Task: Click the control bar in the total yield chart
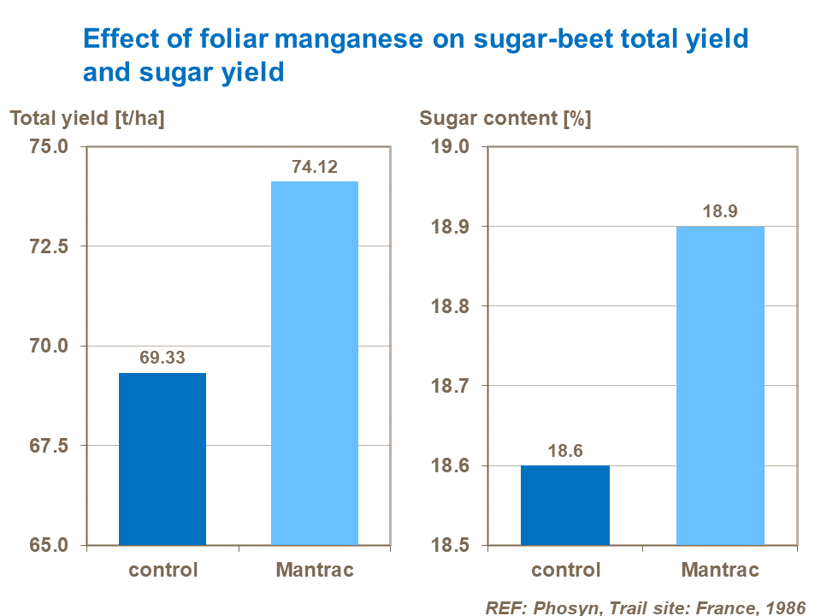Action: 162,459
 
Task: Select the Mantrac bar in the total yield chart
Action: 315,363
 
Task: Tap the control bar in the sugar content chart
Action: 565,505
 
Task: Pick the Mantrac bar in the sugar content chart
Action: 720,385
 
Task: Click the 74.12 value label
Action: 315,168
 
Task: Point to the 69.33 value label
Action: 162,358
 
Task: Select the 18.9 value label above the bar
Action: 720,212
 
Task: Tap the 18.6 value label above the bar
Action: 565,451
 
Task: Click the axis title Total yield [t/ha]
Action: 86,119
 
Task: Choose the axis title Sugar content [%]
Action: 505,119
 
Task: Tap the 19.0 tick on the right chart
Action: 453,146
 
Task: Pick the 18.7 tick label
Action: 453,386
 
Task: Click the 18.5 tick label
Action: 453,545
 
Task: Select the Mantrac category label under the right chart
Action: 720,570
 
